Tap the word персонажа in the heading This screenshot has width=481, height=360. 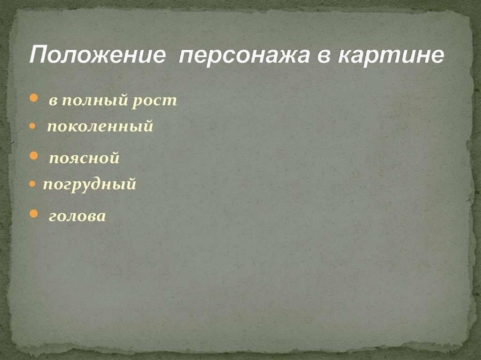(x=244, y=56)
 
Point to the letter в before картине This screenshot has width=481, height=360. (x=323, y=56)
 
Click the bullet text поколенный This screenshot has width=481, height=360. (x=100, y=126)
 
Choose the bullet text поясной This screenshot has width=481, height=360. (x=85, y=158)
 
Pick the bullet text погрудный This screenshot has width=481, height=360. (x=89, y=184)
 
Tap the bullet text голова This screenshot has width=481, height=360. (x=78, y=216)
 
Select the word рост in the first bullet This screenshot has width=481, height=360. (x=155, y=101)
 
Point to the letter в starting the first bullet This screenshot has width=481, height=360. (x=53, y=101)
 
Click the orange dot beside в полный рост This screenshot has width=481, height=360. (x=33, y=99)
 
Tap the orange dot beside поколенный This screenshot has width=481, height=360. (x=32, y=126)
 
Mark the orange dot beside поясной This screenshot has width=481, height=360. (x=33, y=156)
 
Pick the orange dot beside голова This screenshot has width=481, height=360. (x=33, y=214)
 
